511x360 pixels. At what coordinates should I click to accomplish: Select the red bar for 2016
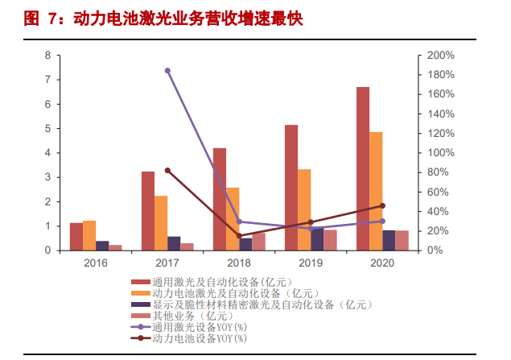click(x=76, y=237)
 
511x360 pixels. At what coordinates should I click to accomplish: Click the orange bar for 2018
click(x=233, y=219)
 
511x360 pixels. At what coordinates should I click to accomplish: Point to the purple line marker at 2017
click(x=167, y=71)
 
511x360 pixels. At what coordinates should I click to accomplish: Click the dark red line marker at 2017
click(x=167, y=171)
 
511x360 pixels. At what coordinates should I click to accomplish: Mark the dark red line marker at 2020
click(x=382, y=205)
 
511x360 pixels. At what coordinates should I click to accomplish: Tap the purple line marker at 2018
click(x=239, y=221)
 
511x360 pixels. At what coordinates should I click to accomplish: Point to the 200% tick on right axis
click(x=441, y=56)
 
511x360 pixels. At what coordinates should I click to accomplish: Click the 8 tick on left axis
click(x=47, y=56)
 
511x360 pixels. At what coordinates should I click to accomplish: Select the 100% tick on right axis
click(x=441, y=153)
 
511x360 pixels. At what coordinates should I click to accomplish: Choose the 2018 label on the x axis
click(x=239, y=263)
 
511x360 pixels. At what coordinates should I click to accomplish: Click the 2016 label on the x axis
click(x=96, y=263)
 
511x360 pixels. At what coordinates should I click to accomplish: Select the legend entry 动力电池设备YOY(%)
click(x=198, y=338)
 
